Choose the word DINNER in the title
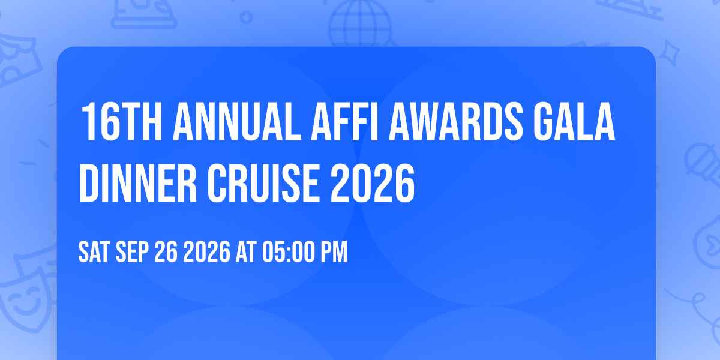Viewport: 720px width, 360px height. tap(138, 183)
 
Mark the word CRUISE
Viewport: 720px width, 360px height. tap(263, 183)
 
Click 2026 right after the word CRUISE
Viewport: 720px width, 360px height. tap(373, 183)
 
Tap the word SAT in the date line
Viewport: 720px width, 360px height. tap(94, 251)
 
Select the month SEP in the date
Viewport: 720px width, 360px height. tap(132, 251)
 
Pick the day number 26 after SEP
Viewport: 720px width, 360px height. tap(166, 251)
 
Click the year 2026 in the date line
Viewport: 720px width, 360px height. tap(206, 251)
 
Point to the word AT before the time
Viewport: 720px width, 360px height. tap(246, 251)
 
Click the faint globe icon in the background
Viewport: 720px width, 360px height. tap(360, 23)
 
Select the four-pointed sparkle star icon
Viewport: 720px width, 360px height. tap(670, 53)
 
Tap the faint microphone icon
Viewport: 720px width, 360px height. tap(703, 167)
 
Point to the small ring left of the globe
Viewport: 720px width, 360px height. tap(246, 17)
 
